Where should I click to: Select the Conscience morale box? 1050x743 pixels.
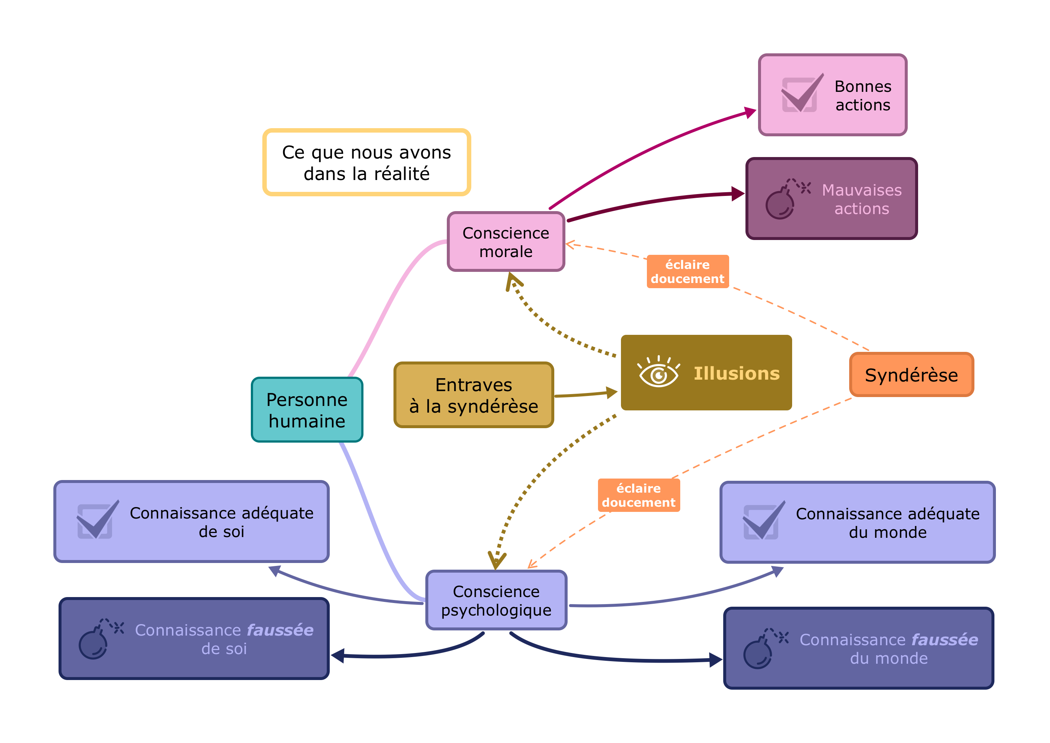(506, 241)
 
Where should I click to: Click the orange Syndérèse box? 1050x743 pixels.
(911, 374)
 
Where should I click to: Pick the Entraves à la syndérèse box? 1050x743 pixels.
(474, 395)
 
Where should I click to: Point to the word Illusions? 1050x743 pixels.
(736, 373)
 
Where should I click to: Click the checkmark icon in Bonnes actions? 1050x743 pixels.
(801, 94)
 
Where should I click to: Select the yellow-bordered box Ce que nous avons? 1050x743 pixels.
(366, 163)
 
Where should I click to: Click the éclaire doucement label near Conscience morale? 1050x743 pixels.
(687, 271)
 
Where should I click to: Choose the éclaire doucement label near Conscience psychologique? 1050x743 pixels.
(638, 495)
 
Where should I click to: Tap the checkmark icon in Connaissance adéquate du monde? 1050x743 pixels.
(762, 521)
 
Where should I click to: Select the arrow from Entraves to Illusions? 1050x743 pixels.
(583, 394)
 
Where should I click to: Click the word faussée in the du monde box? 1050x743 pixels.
(944, 640)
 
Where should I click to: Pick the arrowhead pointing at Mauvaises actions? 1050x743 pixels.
(738, 193)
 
